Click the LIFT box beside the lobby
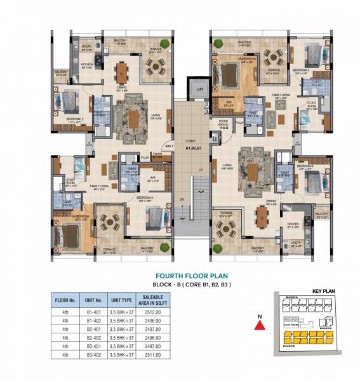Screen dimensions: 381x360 200,90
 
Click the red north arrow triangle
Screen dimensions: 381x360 258,325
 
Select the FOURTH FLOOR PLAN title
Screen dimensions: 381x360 192,277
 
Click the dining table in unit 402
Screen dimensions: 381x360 262,217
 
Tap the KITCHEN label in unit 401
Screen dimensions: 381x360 88,64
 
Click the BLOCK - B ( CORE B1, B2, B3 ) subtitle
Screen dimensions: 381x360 192,286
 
